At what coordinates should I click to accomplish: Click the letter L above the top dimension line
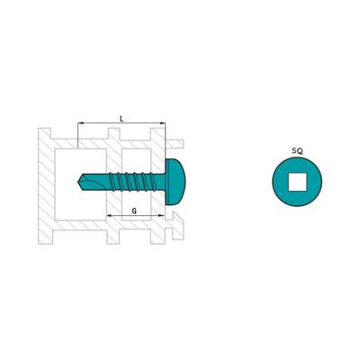coord(121,119)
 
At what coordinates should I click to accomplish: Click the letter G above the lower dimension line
coord(134,211)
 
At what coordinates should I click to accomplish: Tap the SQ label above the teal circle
coord(297,151)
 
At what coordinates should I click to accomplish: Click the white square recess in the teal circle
coord(298,182)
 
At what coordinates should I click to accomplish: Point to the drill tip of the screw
coord(79,181)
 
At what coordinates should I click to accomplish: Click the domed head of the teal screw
coord(175,182)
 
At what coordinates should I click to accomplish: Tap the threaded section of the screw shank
coord(133,182)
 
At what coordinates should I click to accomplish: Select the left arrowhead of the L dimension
coord(80,123)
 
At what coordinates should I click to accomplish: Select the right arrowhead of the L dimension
coord(162,123)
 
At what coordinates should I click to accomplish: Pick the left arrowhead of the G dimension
coord(110,215)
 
